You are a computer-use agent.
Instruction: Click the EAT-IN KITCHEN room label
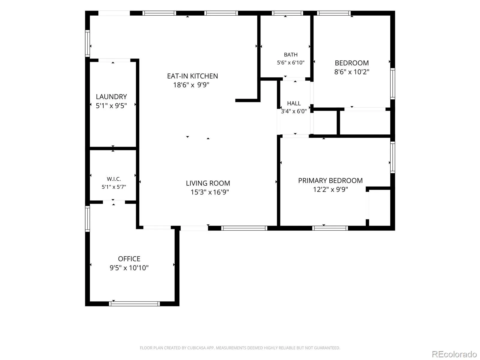click(192, 76)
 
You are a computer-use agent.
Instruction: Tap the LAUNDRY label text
click(111, 97)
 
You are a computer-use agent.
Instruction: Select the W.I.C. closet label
click(114, 179)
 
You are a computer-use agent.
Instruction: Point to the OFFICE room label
click(129, 259)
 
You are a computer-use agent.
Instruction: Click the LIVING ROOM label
click(208, 183)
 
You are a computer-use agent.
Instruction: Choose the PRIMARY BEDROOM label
click(330, 181)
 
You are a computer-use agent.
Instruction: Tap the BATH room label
click(291, 55)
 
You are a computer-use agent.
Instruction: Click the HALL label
click(294, 103)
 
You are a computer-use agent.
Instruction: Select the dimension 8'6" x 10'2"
click(352, 72)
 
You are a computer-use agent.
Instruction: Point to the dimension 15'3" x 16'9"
click(209, 192)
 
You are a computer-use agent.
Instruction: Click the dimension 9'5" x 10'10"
click(129, 268)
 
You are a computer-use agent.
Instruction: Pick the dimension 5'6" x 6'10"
click(291, 63)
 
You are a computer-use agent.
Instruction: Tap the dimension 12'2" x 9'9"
click(330, 189)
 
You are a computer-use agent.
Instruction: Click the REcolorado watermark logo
click(454, 354)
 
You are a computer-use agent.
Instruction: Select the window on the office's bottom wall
click(134, 304)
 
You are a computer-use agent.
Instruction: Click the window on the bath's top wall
click(287, 13)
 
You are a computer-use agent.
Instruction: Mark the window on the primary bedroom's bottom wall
click(330, 228)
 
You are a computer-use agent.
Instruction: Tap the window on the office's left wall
click(88, 219)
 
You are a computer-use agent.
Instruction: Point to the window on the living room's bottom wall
click(244, 228)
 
